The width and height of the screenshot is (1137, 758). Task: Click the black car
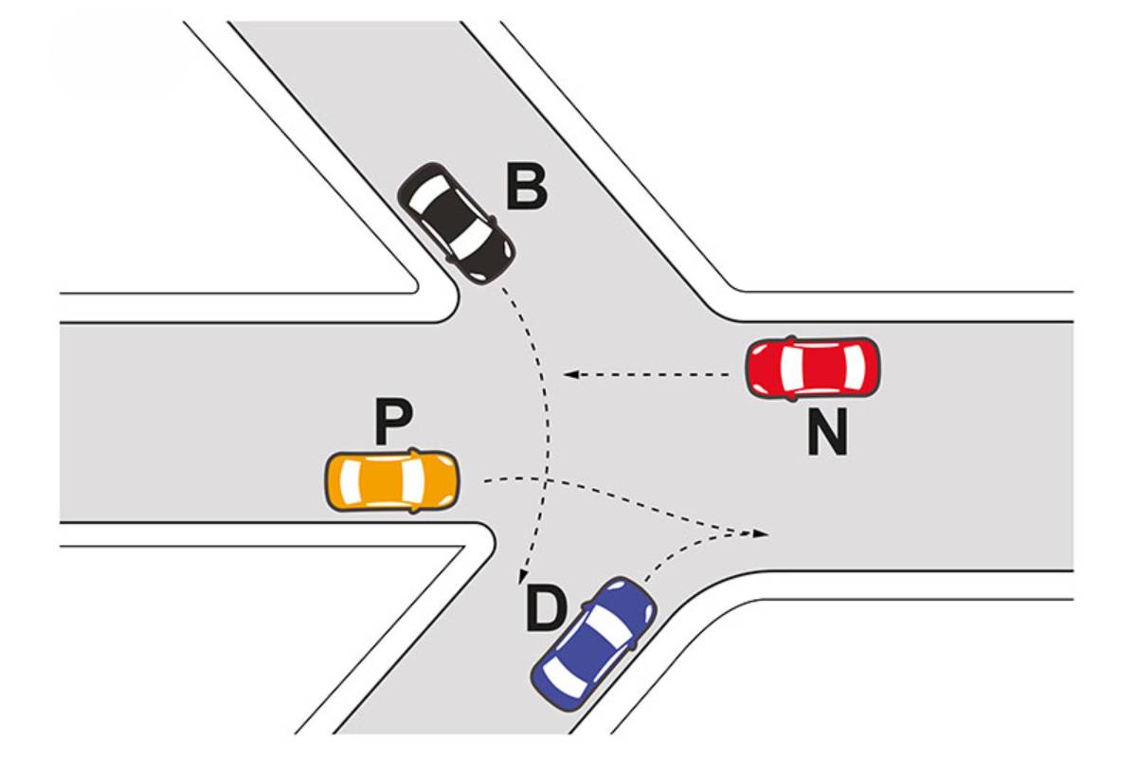coord(456,223)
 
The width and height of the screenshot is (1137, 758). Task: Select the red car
coord(813,368)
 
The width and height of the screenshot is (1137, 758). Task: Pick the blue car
coord(594,643)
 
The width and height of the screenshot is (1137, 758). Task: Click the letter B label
coord(527,188)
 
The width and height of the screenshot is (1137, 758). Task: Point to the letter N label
coord(827,431)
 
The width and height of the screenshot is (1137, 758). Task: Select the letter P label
coord(393,422)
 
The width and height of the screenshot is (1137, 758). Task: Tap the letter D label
coord(546,608)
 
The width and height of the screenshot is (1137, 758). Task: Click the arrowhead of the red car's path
coord(571,374)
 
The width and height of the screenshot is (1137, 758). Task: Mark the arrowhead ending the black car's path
coord(521,577)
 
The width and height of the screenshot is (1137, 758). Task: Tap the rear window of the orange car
coord(350,479)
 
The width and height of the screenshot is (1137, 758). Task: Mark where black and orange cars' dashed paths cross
coord(546,480)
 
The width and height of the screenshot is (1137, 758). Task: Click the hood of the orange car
coord(437,479)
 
